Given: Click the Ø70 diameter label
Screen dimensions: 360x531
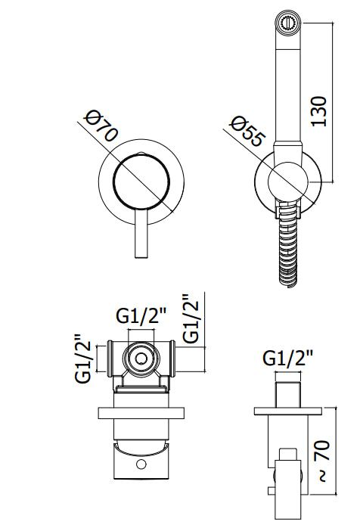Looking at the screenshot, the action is (x=101, y=125).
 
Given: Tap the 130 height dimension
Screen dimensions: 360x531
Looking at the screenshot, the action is (x=319, y=112).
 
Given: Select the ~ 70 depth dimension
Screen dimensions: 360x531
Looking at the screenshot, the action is (x=322, y=461).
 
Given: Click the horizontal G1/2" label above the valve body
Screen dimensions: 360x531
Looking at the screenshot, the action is (x=142, y=317).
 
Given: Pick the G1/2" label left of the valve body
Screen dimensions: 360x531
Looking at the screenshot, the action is (x=83, y=359).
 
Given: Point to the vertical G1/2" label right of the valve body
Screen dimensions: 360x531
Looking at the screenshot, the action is (x=190, y=318).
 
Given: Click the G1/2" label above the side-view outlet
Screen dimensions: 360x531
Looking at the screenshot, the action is (x=289, y=359).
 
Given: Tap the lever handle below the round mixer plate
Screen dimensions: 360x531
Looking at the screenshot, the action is (x=141, y=234).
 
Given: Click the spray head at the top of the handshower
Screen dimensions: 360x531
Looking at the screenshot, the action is (x=288, y=23).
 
